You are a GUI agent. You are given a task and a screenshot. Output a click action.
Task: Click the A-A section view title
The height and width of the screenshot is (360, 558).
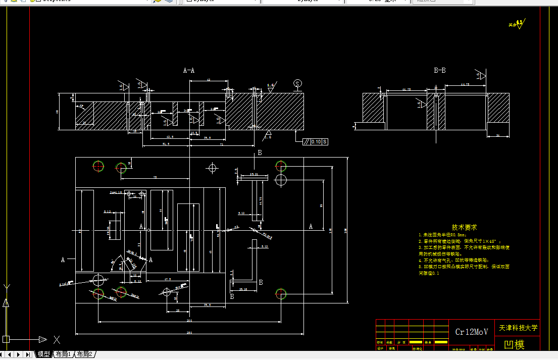(189, 71)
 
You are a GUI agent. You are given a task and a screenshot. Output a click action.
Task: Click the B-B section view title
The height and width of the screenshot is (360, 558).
(440, 71)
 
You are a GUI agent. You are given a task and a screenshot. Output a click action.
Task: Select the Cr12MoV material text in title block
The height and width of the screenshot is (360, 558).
(472, 332)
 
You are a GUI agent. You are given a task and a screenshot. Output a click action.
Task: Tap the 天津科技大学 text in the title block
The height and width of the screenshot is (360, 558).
(518, 328)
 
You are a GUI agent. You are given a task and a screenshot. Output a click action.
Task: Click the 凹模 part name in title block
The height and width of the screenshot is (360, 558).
(514, 345)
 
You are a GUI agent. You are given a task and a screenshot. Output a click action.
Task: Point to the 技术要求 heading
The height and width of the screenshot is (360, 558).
(464, 228)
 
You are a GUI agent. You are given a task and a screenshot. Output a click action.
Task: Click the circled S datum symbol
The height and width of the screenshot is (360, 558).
(297, 83)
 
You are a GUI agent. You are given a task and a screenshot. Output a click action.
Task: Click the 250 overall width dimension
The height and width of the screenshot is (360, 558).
(189, 333)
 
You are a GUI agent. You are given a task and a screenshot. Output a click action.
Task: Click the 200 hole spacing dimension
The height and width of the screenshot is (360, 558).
(189, 320)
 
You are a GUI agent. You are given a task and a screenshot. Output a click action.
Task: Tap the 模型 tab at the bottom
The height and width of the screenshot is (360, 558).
(44, 354)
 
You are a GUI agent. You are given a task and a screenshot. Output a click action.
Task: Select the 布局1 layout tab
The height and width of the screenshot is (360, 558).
(64, 354)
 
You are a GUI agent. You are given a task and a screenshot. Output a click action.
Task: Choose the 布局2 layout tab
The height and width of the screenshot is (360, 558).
(84, 354)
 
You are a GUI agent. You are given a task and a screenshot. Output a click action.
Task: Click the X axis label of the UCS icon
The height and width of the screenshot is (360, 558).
(57, 339)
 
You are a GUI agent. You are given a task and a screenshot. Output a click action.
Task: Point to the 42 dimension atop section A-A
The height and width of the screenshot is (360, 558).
(209, 80)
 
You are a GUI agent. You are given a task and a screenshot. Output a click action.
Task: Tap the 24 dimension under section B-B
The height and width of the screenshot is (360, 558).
(497, 135)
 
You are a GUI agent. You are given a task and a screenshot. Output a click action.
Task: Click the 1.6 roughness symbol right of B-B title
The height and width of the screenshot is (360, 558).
(481, 76)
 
